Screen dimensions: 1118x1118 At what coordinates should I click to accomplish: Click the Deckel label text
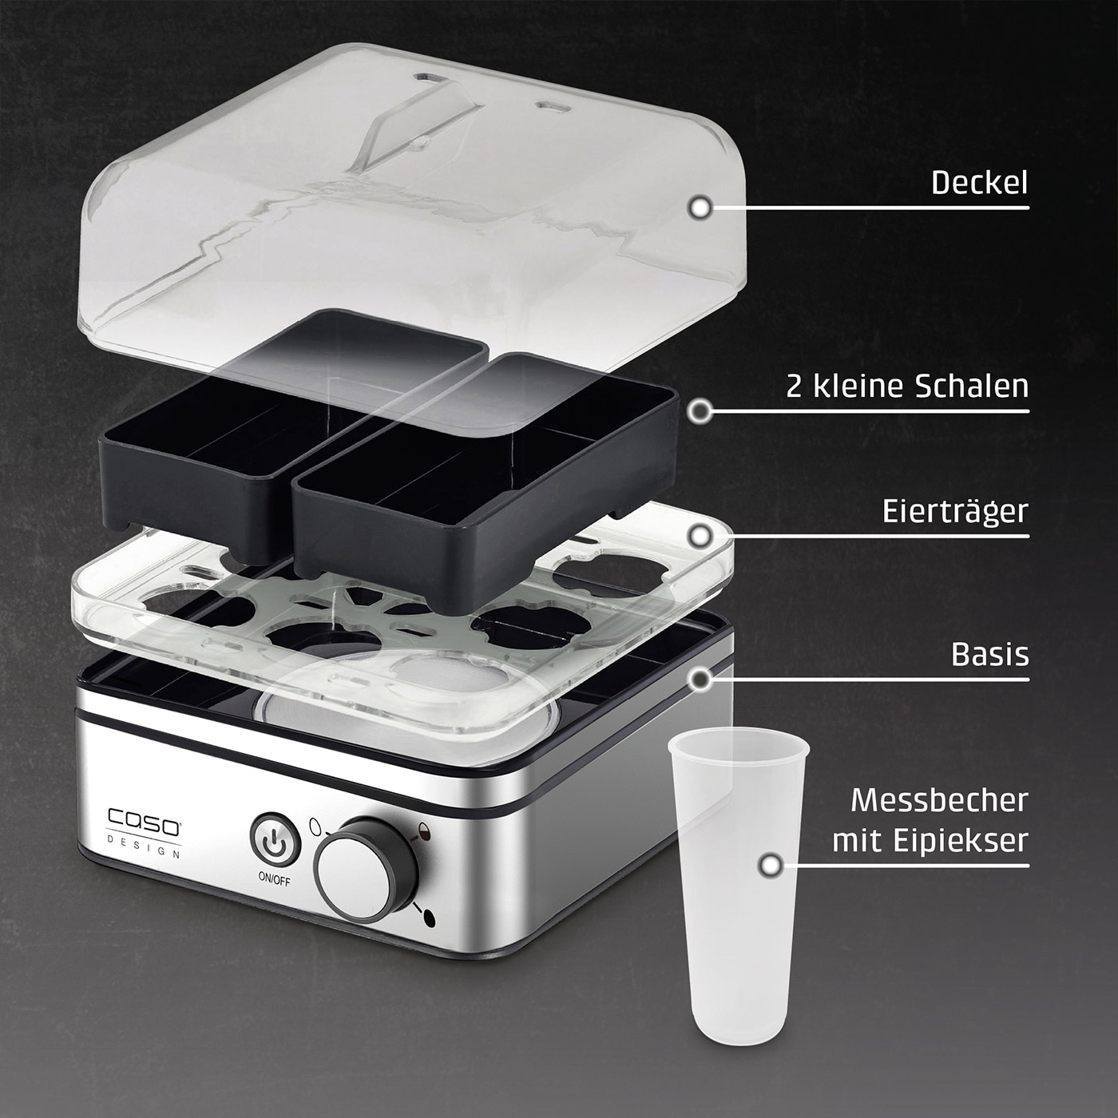[x=979, y=183]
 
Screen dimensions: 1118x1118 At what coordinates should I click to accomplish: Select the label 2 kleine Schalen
[x=907, y=387]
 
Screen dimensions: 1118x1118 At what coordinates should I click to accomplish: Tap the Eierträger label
[x=954, y=511]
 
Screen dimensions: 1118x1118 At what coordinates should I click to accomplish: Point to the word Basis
[x=989, y=654]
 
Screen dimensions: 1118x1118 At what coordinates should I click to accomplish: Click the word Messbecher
[x=939, y=800]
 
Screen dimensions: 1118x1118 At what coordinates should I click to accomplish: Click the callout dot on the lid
[x=700, y=208]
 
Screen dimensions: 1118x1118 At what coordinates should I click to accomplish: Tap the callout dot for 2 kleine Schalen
[x=700, y=411]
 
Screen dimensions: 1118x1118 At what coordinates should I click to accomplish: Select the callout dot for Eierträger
[x=700, y=536]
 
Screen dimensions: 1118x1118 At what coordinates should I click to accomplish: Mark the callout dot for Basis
[x=700, y=680]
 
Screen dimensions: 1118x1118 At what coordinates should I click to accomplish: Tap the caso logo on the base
[x=145, y=821]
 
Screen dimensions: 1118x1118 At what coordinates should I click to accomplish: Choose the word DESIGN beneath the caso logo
[x=145, y=846]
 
